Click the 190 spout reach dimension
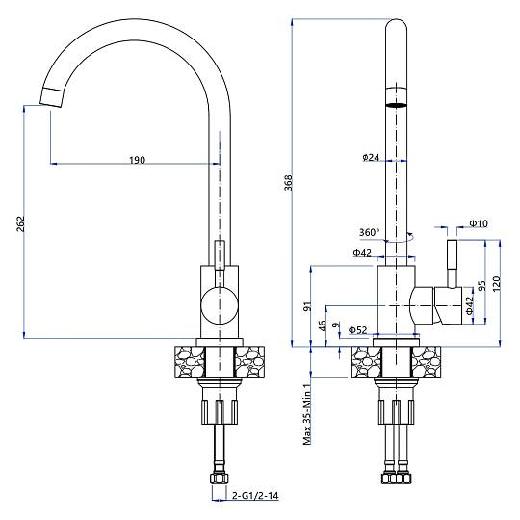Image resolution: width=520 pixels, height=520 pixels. click(137, 160)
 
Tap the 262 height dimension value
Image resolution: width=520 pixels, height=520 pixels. click(20, 223)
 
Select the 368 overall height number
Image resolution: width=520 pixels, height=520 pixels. click(289, 182)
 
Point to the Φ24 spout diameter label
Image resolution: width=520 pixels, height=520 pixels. click(371, 157)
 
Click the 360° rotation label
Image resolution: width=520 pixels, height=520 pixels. click(369, 232)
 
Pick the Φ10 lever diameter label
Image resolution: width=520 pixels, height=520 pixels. click(480, 223)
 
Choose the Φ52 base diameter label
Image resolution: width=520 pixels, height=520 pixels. click(358, 329)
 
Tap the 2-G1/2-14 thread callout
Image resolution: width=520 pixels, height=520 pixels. click(255, 496)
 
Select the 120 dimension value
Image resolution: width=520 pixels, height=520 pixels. click(496, 283)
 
